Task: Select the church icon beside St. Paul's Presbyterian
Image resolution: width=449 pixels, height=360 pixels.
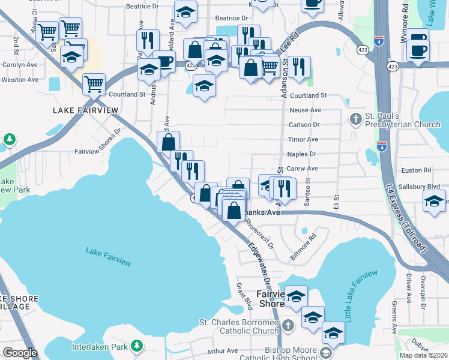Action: tap(356, 118)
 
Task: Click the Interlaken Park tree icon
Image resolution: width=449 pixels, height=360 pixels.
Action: tap(138, 346)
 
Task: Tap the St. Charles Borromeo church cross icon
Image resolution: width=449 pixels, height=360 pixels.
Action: tap(288, 326)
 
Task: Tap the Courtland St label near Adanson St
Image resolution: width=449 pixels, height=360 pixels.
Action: tap(307, 95)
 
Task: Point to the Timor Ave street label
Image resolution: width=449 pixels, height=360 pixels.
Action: tap(303, 139)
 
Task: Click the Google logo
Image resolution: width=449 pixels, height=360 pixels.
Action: tap(20, 353)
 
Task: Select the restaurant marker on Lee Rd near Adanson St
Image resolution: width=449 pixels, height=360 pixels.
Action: tap(298, 67)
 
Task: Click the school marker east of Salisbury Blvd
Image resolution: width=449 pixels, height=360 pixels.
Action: tap(435, 200)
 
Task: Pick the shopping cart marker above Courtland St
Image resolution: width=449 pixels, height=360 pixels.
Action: tap(94, 85)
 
